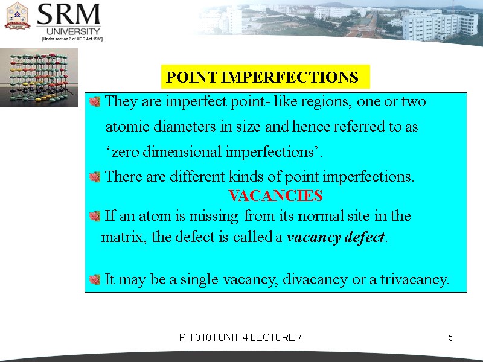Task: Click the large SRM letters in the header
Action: click(x=68, y=14)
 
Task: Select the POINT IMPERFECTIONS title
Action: click(x=262, y=78)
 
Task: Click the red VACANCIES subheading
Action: click(x=275, y=196)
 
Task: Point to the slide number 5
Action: click(x=451, y=337)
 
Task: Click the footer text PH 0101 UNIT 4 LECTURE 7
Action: click(x=240, y=337)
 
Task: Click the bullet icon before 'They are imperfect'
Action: click(x=94, y=102)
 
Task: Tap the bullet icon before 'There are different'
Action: click(x=94, y=177)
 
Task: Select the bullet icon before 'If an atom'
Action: click(x=94, y=216)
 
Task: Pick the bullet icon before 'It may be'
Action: click(x=94, y=279)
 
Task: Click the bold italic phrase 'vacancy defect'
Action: click(x=335, y=237)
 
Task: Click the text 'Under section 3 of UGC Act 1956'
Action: click(x=72, y=39)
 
